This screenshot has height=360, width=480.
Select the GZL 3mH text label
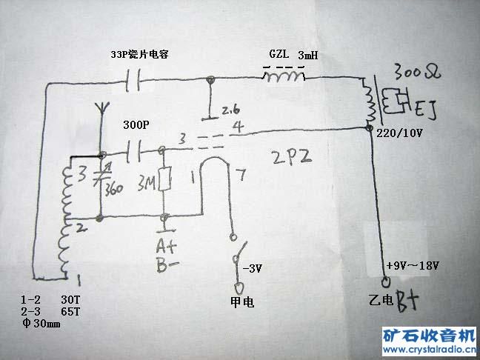(x=294, y=56)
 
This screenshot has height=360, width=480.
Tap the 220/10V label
(x=401, y=133)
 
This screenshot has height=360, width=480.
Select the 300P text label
(x=136, y=126)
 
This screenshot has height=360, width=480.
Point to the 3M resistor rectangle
(x=165, y=180)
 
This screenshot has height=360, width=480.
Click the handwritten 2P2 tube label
(x=292, y=157)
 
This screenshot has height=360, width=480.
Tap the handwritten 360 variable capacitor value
(x=113, y=188)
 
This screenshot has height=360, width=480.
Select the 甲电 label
(x=239, y=301)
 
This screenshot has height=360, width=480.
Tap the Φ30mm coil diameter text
(x=41, y=325)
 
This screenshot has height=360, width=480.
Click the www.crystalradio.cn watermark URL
(x=430, y=350)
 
